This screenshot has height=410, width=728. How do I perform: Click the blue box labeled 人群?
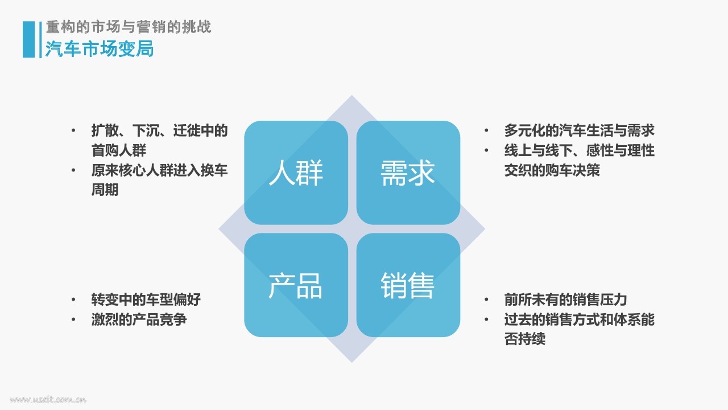point(296,173)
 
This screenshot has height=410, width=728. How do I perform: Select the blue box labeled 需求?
point(408,173)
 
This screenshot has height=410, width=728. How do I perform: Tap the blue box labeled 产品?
point(296,285)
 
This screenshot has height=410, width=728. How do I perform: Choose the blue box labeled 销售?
point(408,285)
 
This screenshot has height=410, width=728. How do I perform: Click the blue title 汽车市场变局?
point(100,49)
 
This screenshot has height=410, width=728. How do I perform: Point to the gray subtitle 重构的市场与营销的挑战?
point(129,27)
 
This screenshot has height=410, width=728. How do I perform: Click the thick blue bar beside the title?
point(28,39)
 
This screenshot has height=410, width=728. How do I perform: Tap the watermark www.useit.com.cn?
point(48,399)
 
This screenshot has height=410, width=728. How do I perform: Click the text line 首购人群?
point(119,150)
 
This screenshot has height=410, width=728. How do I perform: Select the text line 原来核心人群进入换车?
point(159,170)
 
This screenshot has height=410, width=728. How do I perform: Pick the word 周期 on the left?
point(105,190)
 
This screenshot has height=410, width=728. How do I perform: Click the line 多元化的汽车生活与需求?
point(579,130)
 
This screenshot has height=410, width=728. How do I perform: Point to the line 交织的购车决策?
point(552,170)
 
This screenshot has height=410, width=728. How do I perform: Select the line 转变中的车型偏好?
point(146,300)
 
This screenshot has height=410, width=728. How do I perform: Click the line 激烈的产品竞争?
point(139,319)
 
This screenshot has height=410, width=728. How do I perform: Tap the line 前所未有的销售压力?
point(565,300)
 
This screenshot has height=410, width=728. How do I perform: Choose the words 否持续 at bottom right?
point(524,339)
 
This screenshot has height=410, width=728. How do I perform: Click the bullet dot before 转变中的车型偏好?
point(73,300)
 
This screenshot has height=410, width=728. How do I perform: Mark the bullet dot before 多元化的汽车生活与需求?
point(486,131)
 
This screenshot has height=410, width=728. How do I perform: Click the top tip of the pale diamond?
point(351,95)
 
